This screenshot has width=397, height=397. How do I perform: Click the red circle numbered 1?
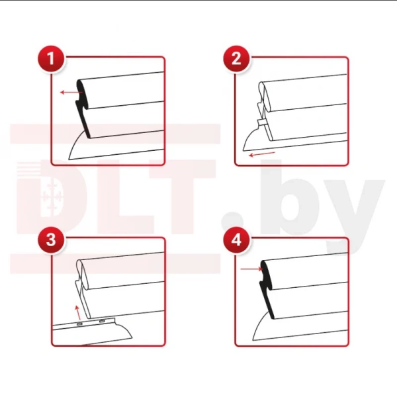point(51,59)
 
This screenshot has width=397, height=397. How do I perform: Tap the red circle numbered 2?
point(236,59)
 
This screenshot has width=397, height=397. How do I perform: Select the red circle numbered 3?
point(51,240)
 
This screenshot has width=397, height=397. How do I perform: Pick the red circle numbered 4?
point(236,240)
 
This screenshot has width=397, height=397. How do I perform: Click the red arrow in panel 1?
point(71,93)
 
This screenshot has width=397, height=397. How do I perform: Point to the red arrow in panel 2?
point(262,154)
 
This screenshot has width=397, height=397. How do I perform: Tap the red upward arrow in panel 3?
point(77,312)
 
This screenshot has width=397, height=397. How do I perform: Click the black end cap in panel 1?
point(83,109)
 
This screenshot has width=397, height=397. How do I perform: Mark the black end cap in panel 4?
point(267,289)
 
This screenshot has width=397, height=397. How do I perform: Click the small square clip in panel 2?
point(262,123)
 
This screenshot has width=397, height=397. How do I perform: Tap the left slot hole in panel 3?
point(79,324)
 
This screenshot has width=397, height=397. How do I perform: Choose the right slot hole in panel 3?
point(102,321)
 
